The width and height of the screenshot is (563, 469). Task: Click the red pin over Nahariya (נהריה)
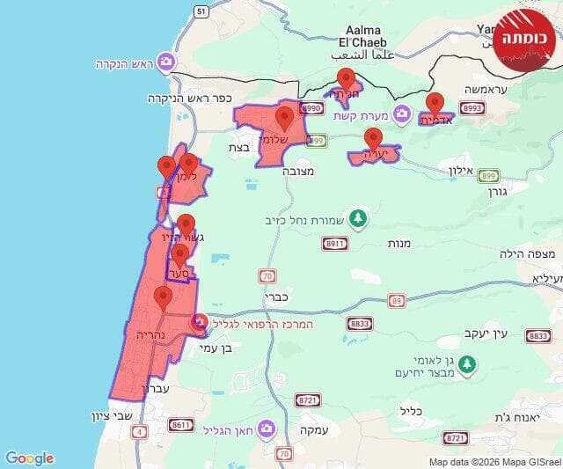[163, 297]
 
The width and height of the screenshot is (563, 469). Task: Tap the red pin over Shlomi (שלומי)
[284, 118]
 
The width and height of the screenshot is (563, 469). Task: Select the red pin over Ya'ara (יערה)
[373, 139]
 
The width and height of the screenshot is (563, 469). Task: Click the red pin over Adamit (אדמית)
[435, 104]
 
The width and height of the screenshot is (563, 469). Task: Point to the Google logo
[29, 458]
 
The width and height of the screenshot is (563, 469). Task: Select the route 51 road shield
[201, 11]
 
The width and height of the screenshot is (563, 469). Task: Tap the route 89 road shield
[398, 300]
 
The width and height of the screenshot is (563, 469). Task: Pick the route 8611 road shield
[181, 425]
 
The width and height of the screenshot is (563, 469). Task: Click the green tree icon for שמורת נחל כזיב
[357, 217]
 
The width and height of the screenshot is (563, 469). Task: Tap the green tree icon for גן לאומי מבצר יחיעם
[468, 363]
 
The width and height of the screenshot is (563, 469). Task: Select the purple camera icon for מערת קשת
[402, 114]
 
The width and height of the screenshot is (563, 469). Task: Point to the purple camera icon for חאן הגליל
[265, 429]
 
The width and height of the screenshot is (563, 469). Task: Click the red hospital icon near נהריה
[199, 323]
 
